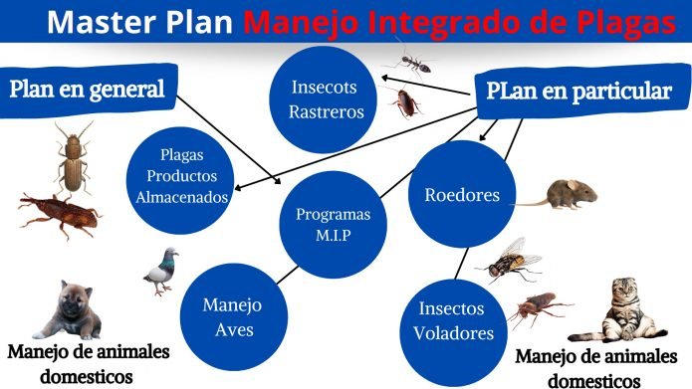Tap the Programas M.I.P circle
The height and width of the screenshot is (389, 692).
(333, 224)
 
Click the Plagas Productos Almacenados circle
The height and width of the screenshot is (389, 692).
(181, 176)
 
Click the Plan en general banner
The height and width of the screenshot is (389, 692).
(87, 90)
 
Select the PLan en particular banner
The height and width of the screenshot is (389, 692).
(578, 91)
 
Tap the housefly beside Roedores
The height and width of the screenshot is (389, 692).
(512, 260)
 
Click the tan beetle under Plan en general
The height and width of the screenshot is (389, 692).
(73, 158)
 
